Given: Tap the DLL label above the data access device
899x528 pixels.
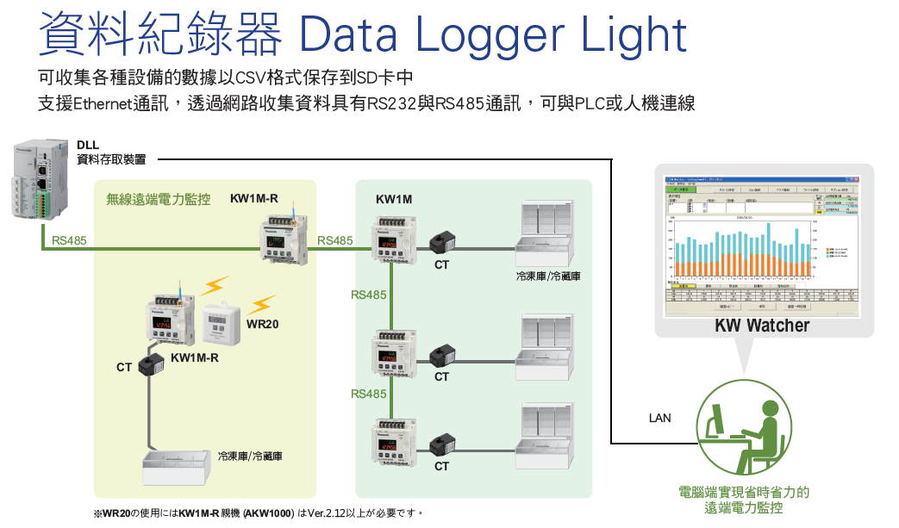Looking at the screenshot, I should [x=87, y=145].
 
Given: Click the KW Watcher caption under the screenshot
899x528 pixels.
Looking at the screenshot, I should [x=762, y=326].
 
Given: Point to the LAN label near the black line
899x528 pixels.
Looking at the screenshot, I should [x=659, y=419].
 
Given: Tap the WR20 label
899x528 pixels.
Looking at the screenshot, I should [x=262, y=326].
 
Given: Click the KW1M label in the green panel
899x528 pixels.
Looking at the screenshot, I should [x=394, y=200].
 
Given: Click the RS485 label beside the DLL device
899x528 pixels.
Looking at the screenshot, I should [x=69, y=240].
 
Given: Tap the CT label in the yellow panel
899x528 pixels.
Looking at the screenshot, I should [x=124, y=368].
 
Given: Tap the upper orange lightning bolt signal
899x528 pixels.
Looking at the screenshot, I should [x=215, y=285].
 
